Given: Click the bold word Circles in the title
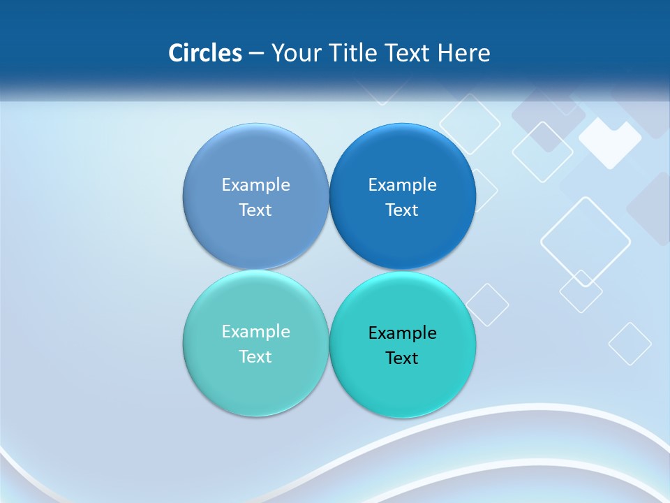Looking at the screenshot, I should pos(205,53).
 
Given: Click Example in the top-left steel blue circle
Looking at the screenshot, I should pos(255,184).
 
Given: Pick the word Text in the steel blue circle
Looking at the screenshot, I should pos(255,210).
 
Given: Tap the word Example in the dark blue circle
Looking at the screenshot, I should pos(402,184).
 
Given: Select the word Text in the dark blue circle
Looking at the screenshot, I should pos(402,210).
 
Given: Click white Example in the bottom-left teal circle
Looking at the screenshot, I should pos(255,331).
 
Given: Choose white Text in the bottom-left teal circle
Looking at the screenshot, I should pos(255,356).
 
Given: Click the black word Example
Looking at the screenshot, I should pos(402,333).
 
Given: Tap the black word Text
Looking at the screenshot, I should pos(402,358).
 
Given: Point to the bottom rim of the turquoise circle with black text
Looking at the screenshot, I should pos(402,416).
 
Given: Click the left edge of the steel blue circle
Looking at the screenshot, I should pos(185,196).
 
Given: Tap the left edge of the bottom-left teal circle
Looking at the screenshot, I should pos(185,343).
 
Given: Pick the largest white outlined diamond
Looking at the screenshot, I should pos(586,242).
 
